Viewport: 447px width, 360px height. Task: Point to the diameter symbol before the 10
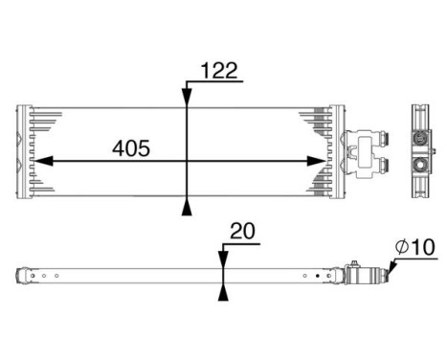pos(402,247)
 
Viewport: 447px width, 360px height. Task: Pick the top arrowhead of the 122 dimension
pos(186,94)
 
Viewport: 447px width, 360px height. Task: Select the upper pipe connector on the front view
pos(380,140)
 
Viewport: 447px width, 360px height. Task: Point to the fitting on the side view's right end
pos(369,277)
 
